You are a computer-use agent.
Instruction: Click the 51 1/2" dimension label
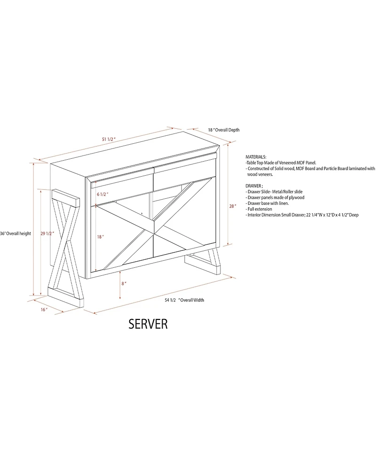click(x=109, y=140)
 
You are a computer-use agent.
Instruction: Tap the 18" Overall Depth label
click(x=224, y=130)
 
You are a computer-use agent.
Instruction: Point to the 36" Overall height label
click(x=16, y=233)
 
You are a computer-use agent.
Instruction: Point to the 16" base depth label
click(x=44, y=310)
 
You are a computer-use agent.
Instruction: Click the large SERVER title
click(x=148, y=325)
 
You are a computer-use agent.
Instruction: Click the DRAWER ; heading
click(x=255, y=186)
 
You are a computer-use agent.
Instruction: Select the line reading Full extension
click(x=259, y=209)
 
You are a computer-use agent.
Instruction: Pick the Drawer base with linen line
click(x=268, y=203)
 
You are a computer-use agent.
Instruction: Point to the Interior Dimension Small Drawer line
click(x=302, y=214)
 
